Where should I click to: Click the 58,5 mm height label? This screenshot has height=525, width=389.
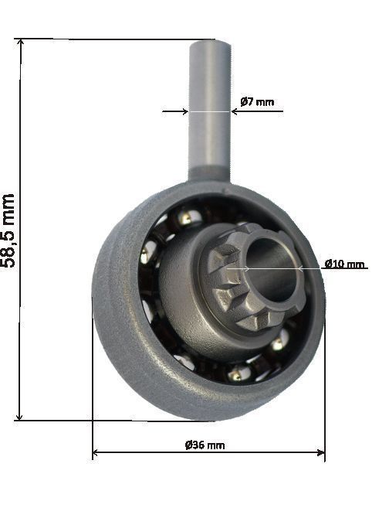9,230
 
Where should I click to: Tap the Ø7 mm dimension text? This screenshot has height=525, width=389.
256,101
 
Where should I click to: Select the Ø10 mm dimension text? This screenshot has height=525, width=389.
344,264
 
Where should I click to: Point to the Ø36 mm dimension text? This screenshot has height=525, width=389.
205,445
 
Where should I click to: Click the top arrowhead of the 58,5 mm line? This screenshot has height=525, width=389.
21,43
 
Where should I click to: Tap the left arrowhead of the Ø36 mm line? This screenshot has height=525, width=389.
96,453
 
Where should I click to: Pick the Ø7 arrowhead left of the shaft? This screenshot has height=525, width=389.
184,111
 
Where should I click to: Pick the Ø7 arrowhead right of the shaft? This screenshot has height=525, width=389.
235,111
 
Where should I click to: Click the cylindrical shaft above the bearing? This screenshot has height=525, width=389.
209,108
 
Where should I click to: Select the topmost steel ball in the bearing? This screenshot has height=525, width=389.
184,218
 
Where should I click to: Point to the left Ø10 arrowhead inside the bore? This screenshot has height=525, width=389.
245,268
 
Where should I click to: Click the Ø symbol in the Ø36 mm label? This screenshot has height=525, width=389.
188,445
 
